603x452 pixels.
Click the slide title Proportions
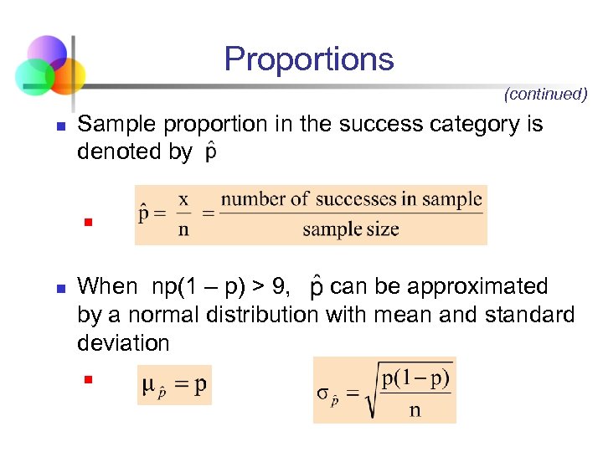coord(309,59)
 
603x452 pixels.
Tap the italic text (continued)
coord(545,95)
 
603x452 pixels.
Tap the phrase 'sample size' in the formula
coord(350,229)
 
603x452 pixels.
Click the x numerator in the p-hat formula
coord(183,201)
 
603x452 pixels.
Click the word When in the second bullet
coord(107,286)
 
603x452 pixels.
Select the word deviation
coord(123,343)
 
